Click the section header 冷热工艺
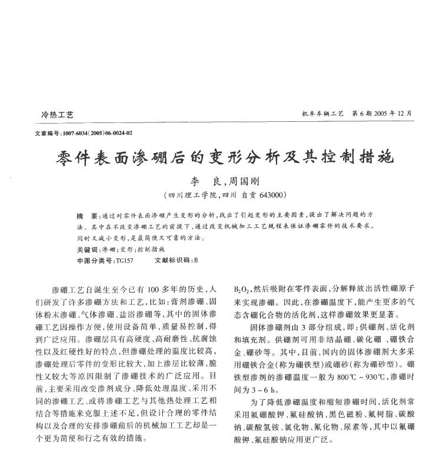(x=57, y=114)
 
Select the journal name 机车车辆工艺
(x=322, y=113)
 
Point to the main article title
(x=225, y=158)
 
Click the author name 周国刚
(x=244, y=182)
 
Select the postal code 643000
(x=271, y=195)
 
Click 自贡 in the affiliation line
(x=247, y=195)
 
